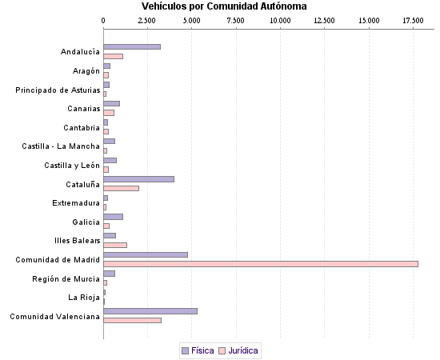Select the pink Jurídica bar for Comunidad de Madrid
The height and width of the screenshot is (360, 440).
261,264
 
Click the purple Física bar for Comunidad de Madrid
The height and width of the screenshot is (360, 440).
146,254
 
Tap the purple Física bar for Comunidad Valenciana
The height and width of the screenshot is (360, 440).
150,311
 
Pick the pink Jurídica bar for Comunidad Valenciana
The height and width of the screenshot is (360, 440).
133,320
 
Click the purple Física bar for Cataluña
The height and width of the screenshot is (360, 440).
139,179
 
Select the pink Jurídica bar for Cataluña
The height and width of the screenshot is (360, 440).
122,189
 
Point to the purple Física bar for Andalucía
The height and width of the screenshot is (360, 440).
132,46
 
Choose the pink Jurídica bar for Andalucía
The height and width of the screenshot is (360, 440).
114,56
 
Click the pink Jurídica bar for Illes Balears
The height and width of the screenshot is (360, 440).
115,245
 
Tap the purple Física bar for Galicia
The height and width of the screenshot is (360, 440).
114,217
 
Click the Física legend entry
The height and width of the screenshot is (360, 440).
202,350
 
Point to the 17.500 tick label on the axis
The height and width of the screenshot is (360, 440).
413,18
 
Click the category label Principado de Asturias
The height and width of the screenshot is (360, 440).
58,90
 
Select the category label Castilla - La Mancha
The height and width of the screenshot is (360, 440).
61,146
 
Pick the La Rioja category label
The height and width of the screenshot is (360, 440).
84,298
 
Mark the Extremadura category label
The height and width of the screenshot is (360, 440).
76,203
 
